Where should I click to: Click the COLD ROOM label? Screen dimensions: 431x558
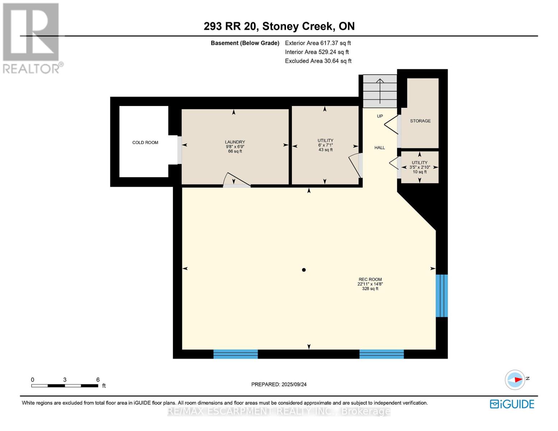[145, 143]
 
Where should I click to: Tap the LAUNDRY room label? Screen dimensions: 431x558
[235, 142]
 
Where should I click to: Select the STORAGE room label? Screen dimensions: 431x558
[420, 121]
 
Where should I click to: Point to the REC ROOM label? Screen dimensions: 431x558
[370, 279]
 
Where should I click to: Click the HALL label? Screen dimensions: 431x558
[379, 148]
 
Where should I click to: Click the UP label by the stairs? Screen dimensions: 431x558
[380, 116]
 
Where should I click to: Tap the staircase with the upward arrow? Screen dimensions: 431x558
[380, 91]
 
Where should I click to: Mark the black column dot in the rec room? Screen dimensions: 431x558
[304, 270]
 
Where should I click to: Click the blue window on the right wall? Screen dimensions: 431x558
[442, 296]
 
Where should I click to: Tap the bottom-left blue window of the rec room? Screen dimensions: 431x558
[235, 354]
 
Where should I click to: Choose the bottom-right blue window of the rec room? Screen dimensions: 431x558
[381, 354]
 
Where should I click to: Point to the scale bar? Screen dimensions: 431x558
[65, 385]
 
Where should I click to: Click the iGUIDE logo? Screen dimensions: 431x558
[512, 404]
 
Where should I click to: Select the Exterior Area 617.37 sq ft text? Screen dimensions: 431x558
[318, 43]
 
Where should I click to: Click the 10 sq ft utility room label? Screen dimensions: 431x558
[419, 167]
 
